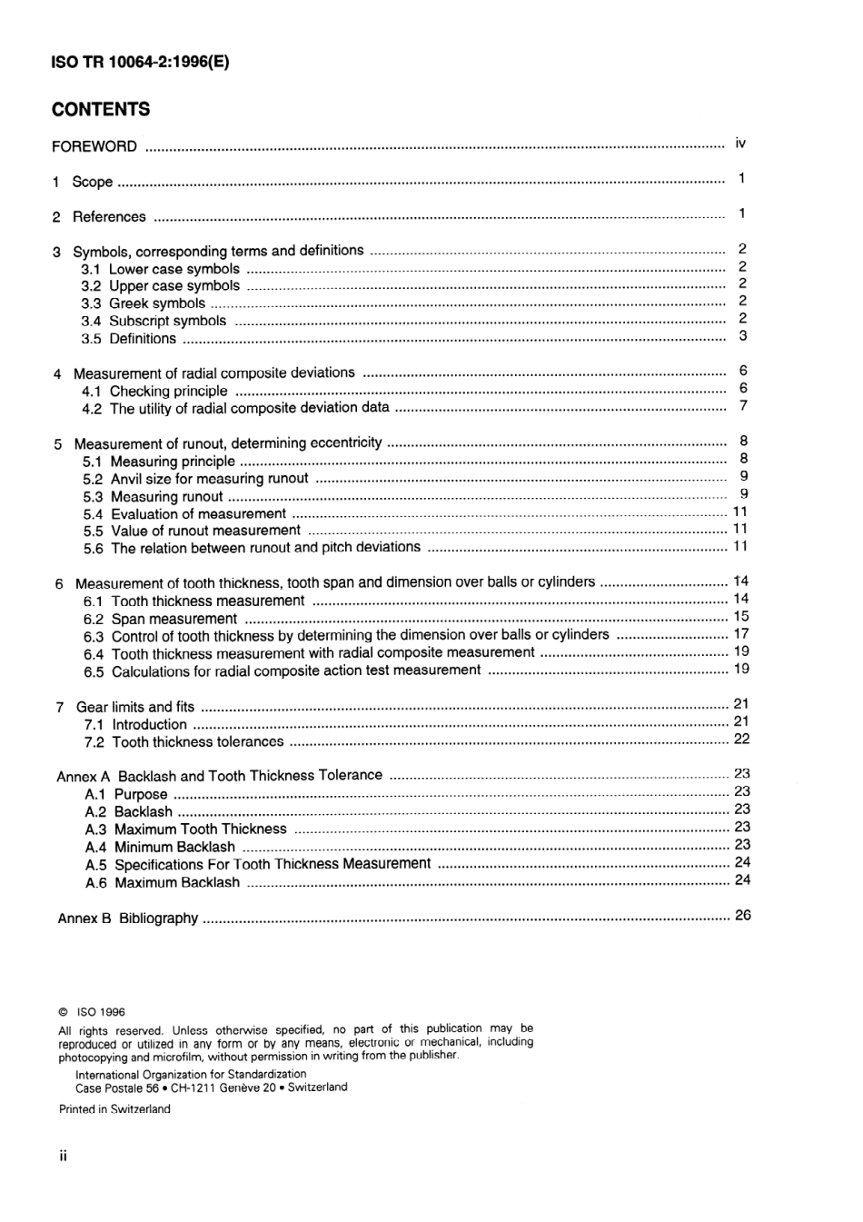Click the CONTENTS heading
click(x=101, y=110)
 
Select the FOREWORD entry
click(x=94, y=146)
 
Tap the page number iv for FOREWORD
click(x=740, y=144)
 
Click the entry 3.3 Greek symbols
click(x=144, y=303)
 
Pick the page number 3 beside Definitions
click(x=742, y=336)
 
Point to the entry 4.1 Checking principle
click(x=154, y=391)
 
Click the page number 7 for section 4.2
click(x=743, y=406)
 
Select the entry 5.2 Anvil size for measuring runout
click(x=195, y=479)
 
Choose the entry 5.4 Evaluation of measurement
click(x=184, y=514)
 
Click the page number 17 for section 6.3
click(x=740, y=633)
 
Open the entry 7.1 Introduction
click(x=135, y=724)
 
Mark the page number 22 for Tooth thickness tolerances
click(x=740, y=739)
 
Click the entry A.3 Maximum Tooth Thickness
click(x=185, y=829)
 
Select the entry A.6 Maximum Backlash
click(x=163, y=882)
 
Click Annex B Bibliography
click(x=128, y=919)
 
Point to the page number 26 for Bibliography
click(x=741, y=915)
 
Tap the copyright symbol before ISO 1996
click(x=63, y=1012)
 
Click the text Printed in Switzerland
click(x=114, y=1109)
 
